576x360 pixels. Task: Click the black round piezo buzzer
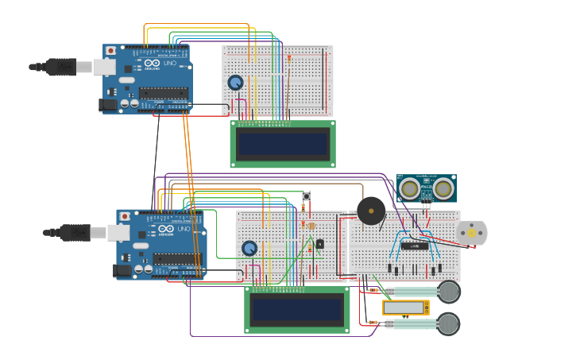[x=371, y=211]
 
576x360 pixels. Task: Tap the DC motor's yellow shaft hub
[x=472, y=233]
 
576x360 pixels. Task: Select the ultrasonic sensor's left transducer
[x=410, y=189]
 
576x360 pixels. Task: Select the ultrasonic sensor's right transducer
[x=443, y=189]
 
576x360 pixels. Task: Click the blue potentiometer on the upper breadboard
[x=235, y=83]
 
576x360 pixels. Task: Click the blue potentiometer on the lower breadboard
[x=249, y=248]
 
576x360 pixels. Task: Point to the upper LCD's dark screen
[x=283, y=144]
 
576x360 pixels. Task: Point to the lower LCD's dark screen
[x=296, y=309]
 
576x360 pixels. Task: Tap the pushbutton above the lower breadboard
[x=306, y=196]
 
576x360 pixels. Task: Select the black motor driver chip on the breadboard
[x=414, y=246]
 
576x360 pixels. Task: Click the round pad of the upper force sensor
[x=449, y=292]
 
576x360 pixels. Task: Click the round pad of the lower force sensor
[x=449, y=323]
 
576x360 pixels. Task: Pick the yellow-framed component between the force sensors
[x=405, y=308]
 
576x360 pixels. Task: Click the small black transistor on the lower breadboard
[x=319, y=244]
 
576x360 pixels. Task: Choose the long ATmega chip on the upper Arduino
[x=164, y=93]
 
